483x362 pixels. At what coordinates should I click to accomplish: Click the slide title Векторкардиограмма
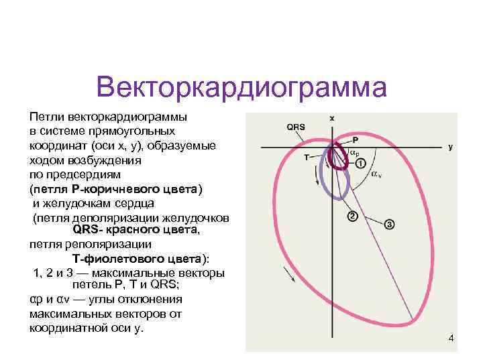[x=241, y=87]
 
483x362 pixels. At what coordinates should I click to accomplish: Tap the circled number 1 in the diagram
[x=360, y=163]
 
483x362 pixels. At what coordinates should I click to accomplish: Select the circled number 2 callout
[x=352, y=216]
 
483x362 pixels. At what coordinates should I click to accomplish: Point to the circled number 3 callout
[x=390, y=223]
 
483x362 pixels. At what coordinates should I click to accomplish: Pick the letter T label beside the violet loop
[x=307, y=158]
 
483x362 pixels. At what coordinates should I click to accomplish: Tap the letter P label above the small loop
[x=355, y=140]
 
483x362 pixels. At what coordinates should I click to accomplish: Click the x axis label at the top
[x=332, y=117]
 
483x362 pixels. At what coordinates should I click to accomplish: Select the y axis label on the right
[x=451, y=147]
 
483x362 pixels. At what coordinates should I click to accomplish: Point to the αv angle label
[x=376, y=175]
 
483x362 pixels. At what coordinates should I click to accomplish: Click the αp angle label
[x=355, y=154]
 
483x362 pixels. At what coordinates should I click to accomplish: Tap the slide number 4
[x=451, y=339]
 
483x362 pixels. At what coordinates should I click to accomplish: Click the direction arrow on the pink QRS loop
[x=290, y=274]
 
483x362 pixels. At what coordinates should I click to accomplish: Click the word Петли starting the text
[x=44, y=117]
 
